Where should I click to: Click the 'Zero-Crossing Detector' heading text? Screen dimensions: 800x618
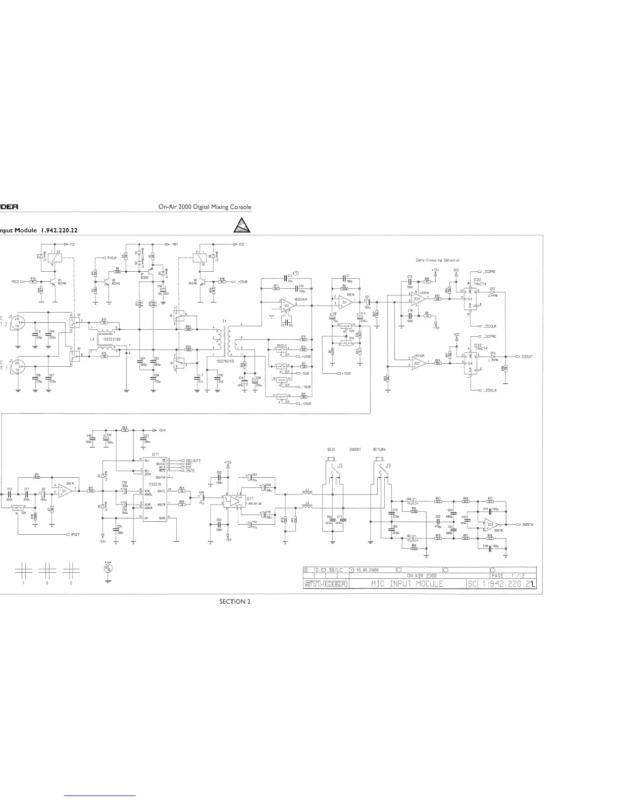438,260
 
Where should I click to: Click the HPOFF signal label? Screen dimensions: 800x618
74,534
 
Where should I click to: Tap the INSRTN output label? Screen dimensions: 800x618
529,525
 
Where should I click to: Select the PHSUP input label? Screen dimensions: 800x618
112,258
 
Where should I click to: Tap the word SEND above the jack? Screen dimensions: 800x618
331,449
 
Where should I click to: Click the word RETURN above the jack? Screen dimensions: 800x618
379,449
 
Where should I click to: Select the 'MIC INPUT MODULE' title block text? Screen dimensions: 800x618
406,584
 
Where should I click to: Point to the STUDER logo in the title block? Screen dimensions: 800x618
325,584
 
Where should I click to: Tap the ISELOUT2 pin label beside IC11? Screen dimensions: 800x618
193,461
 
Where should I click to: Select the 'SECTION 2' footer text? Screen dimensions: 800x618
235,601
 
